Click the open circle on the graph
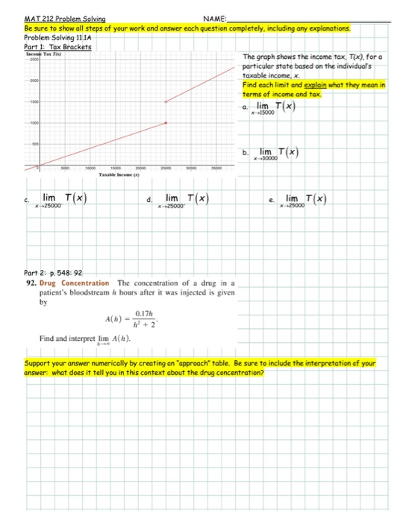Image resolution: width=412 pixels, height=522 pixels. [x=166, y=102]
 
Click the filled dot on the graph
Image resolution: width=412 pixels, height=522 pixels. [x=166, y=125]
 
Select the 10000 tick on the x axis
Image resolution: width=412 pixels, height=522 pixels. [x=90, y=168]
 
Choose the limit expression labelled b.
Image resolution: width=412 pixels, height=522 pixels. [x=281, y=153]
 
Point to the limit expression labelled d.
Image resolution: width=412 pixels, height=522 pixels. [x=188, y=200]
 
